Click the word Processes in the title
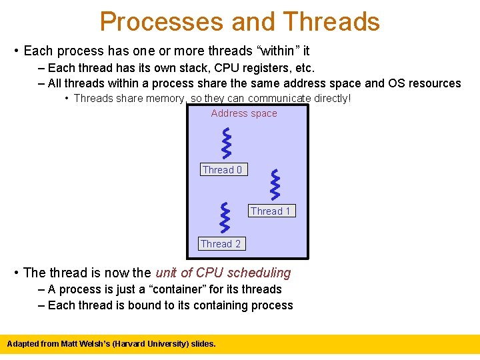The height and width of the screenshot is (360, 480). pyautogui.click(x=161, y=21)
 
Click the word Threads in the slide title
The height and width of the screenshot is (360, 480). pyautogui.click(x=331, y=21)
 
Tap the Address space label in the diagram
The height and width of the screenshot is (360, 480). pyautogui.click(x=244, y=113)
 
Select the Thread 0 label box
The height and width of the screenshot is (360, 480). pyautogui.click(x=223, y=170)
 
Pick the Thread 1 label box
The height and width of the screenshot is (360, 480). pyautogui.click(x=270, y=211)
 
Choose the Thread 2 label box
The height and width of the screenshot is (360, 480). pyautogui.click(x=221, y=244)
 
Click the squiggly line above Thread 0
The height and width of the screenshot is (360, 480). pyautogui.click(x=227, y=142)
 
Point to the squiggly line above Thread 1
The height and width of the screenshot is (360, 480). pyautogui.click(x=275, y=185)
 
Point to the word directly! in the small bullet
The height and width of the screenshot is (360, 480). pyautogui.click(x=330, y=99)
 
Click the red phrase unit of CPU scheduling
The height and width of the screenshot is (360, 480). pyautogui.click(x=223, y=273)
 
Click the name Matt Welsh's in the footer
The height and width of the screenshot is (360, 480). pyautogui.click(x=85, y=344)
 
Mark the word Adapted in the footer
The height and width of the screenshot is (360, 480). pyautogui.click(x=22, y=344)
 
